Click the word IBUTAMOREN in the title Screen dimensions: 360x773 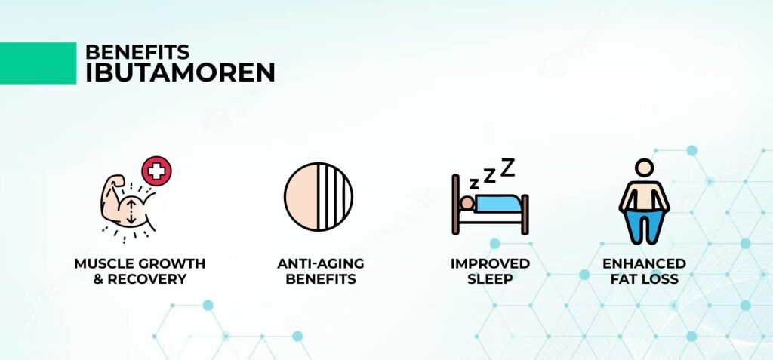click(x=180, y=72)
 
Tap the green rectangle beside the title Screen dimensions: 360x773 click(x=38, y=63)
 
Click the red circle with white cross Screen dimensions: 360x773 click(x=156, y=171)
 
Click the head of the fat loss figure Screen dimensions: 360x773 click(x=644, y=168)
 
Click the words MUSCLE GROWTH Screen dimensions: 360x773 click(x=140, y=263)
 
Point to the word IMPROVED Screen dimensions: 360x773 click(x=490, y=263)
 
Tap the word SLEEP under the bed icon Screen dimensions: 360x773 click(x=490, y=278)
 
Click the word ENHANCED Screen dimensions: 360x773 click(x=644, y=263)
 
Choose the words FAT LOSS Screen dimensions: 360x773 click(x=644, y=278)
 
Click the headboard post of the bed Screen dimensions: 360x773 click(x=455, y=204)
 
